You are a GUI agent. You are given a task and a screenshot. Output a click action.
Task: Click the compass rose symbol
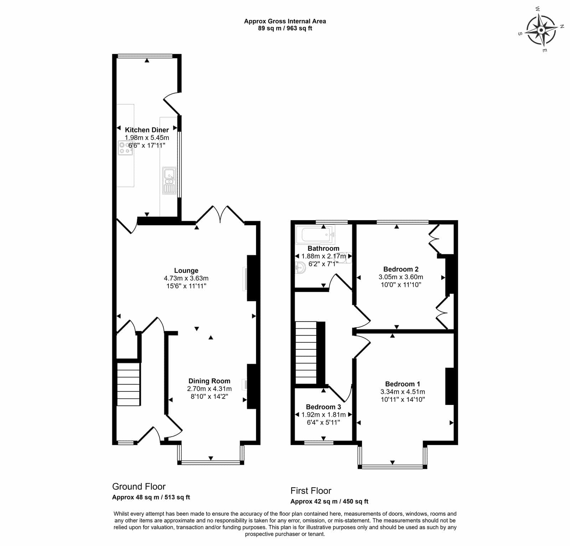tap(541, 30)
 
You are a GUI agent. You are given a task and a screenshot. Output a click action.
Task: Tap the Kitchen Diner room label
tap(147, 130)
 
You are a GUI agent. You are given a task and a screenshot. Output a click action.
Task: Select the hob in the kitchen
tap(125, 148)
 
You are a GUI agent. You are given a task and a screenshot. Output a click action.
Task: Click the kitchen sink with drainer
tap(169, 181)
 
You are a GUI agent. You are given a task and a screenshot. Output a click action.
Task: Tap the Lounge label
tap(186, 271)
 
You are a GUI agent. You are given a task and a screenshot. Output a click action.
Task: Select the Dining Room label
tap(209, 381)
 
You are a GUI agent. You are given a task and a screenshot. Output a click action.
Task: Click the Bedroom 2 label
tap(401, 269)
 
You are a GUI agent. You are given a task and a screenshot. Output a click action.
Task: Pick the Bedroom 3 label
tap(323, 407)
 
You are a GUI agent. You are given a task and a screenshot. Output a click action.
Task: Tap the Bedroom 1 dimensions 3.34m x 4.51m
tap(403, 392)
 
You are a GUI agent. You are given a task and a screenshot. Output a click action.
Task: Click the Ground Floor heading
tap(139, 487)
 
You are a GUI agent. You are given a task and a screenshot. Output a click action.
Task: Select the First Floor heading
tap(311, 491)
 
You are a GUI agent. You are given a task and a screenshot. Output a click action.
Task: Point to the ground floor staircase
tap(129, 384)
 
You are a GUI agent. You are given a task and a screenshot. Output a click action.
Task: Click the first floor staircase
tap(306, 353)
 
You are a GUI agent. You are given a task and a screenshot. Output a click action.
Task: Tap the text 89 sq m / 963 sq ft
tap(285, 28)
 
